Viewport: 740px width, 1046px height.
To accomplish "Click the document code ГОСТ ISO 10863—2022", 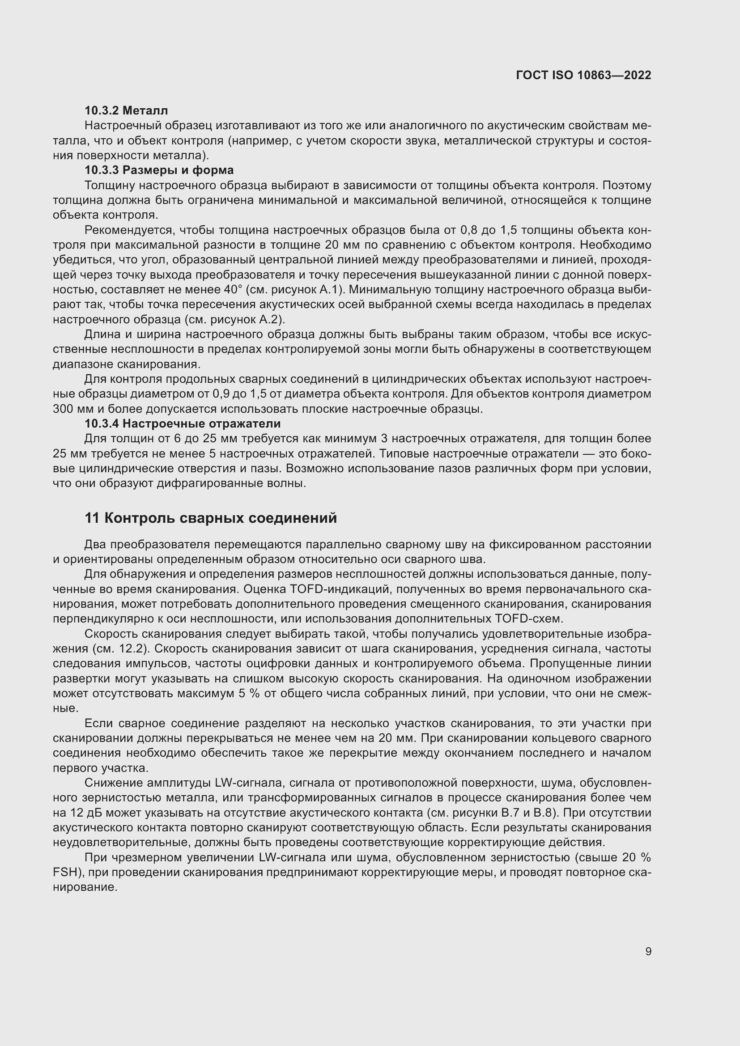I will tap(583, 75).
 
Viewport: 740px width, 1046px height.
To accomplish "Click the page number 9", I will tap(648, 951).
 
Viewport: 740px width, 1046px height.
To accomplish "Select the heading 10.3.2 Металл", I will tap(126, 110).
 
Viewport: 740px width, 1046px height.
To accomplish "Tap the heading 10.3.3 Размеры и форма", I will tap(159, 170).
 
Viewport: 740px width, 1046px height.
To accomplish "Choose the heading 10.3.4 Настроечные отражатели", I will tap(182, 423).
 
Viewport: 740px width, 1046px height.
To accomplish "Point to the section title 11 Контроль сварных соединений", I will tap(211, 518).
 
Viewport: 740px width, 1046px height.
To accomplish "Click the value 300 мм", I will tap(68, 409).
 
